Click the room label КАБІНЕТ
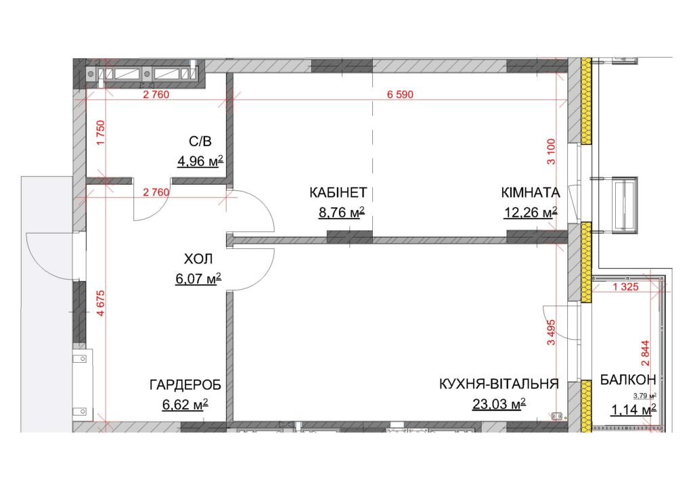[x=338, y=193]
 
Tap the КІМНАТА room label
[x=531, y=193]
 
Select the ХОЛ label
[x=198, y=259]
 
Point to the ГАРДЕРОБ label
[x=185, y=385]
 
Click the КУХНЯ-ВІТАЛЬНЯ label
[x=499, y=384]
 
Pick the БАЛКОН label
[x=627, y=380]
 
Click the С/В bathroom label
[x=200, y=141]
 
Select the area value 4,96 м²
[x=200, y=161]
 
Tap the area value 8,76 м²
[x=342, y=213]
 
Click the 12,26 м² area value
[x=531, y=213]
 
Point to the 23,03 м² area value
[x=499, y=404]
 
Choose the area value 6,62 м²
[x=185, y=405]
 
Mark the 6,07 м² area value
[x=198, y=279]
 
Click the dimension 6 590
[x=400, y=95]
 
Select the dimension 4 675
[x=101, y=303]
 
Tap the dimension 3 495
[x=551, y=332]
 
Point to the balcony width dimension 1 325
[x=625, y=287]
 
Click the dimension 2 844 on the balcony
[x=646, y=353]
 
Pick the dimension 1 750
[x=101, y=133]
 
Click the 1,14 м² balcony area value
[x=633, y=410]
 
